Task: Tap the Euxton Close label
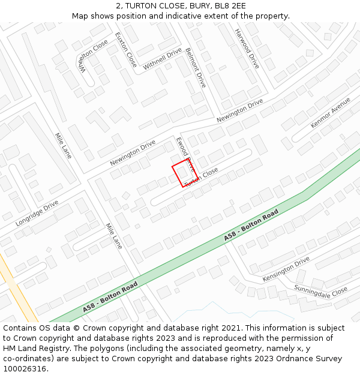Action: point(126,49)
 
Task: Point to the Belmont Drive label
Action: point(196,68)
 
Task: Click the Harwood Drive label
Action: point(247,49)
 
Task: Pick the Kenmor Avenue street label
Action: point(331,113)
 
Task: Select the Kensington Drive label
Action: point(286,269)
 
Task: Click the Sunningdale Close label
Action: point(320,290)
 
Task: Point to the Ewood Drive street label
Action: point(185,154)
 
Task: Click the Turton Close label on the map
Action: point(202,178)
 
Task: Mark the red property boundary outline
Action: point(184,174)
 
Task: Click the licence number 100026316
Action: point(26,368)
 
